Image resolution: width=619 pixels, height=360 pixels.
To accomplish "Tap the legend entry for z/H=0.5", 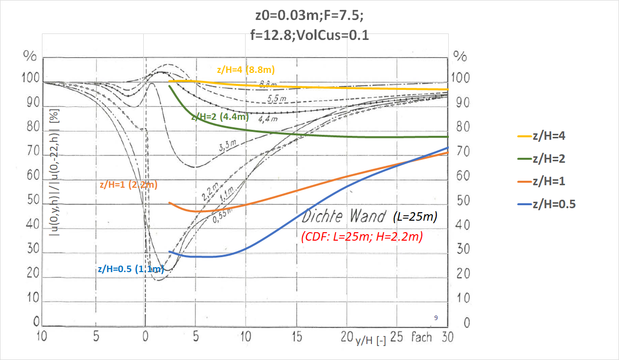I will (553, 204).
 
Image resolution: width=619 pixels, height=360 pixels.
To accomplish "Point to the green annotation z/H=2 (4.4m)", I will (220, 117).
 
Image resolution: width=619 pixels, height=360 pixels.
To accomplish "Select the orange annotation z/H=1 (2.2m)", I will (129, 185).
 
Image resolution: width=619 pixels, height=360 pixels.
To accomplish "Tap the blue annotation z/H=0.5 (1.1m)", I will (131, 269).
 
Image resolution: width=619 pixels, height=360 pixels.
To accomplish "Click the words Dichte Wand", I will (343, 217).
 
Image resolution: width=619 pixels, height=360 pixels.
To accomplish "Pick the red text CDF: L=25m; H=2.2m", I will (362, 237).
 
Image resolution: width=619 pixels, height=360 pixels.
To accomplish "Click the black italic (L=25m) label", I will (415, 217).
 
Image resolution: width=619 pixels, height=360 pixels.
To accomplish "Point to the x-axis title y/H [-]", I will (370, 341).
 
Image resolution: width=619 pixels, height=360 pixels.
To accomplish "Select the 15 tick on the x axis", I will (297, 338).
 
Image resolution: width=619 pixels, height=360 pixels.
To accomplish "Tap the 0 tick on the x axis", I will (145, 338).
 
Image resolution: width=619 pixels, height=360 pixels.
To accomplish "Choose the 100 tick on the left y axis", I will (30, 78).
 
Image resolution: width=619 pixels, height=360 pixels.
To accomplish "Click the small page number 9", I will (436, 318).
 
